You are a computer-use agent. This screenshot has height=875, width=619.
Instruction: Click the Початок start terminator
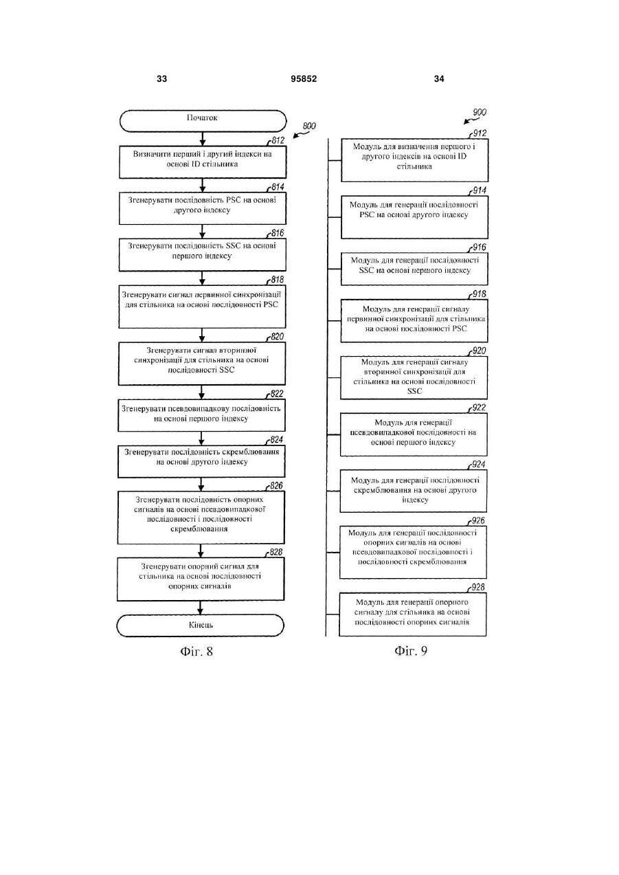[203, 121]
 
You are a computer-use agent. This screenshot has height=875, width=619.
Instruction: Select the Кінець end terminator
[201, 625]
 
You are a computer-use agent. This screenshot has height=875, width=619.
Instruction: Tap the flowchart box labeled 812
[203, 162]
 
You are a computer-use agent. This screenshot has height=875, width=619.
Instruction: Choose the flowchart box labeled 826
[201, 518]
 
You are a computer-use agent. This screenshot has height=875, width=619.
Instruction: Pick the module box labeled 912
[415, 160]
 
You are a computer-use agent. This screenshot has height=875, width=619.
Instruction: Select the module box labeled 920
[414, 377]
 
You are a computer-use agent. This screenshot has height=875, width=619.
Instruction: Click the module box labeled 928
[413, 614]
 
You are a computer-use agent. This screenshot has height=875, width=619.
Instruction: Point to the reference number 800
[309, 126]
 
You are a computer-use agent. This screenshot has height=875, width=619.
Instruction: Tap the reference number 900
[480, 113]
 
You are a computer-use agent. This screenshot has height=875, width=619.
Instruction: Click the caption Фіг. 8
[196, 651]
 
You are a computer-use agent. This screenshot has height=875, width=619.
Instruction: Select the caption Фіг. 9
[411, 651]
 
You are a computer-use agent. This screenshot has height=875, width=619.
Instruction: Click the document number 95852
[304, 79]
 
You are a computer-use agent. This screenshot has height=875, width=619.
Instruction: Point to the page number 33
[161, 79]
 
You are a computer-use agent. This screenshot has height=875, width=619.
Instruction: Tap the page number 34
[439, 79]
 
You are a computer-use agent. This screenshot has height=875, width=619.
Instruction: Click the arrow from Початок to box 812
[202, 139]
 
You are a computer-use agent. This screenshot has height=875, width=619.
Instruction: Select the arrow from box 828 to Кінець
[201, 608]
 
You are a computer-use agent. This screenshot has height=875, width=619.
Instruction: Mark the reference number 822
[276, 394]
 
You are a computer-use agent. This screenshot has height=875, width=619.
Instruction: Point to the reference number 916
[479, 247]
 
